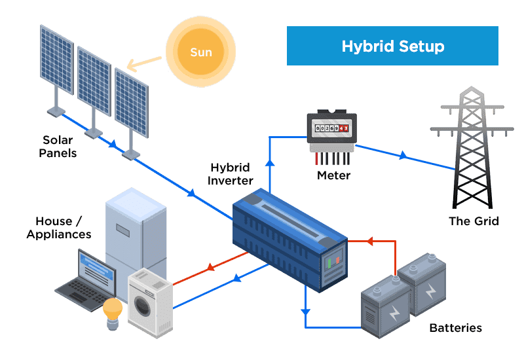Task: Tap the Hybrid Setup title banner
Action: [x=392, y=46]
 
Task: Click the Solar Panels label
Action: [x=58, y=147]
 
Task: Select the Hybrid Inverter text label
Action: [x=231, y=174]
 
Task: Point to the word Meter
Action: [x=333, y=175]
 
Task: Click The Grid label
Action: [x=473, y=221]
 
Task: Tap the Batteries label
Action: [x=455, y=327]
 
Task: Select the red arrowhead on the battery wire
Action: [x=370, y=242]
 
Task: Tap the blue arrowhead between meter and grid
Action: [x=402, y=156]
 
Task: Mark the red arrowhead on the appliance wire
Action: [x=211, y=267]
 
